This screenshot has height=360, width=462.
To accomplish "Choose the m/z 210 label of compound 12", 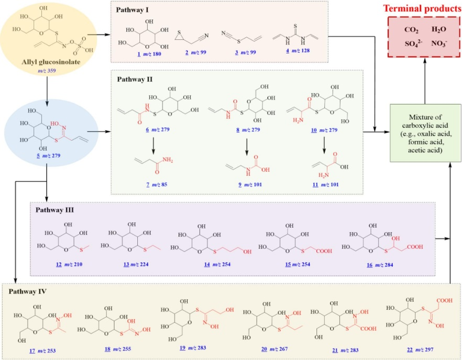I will pyautogui.click(x=67, y=265).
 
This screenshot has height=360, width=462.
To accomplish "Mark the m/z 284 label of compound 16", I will pyautogui.click(x=373, y=265).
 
